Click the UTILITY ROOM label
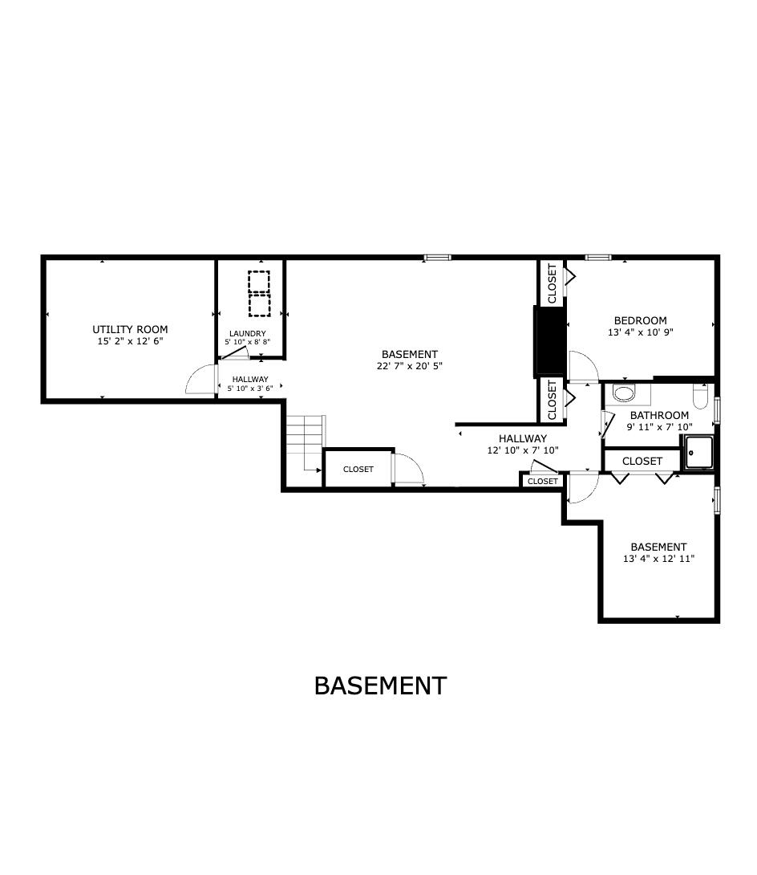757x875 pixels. click(x=130, y=329)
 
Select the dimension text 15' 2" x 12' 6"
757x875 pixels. click(x=130, y=341)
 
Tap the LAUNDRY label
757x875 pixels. click(x=247, y=333)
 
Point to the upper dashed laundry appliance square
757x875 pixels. click(x=258, y=283)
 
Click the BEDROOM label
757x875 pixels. click(x=640, y=320)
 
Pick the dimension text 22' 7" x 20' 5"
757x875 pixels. click(x=409, y=365)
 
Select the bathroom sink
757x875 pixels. click(x=622, y=393)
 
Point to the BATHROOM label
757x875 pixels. click(x=658, y=415)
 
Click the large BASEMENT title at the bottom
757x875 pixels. click(x=379, y=686)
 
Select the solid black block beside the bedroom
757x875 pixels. click(x=550, y=341)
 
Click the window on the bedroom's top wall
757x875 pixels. click(x=597, y=258)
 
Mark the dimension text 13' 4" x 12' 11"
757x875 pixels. click(x=658, y=559)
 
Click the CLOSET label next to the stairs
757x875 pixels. click(x=358, y=469)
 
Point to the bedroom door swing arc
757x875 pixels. click(x=583, y=365)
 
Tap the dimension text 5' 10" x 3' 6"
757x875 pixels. click(x=250, y=389)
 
